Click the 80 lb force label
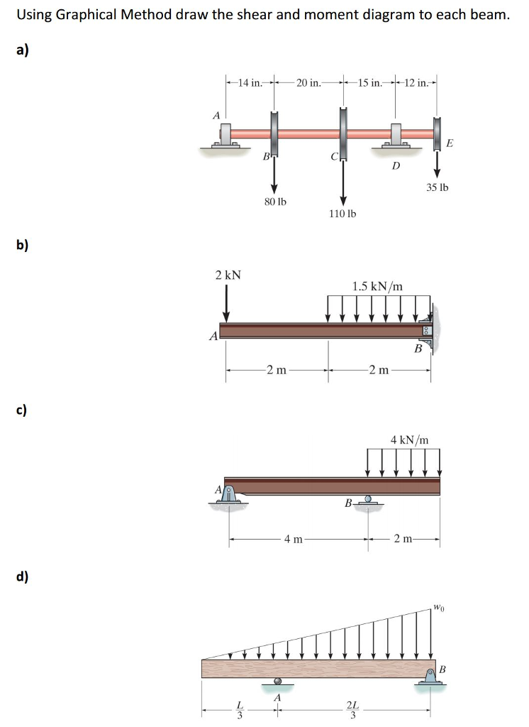[x=275, y=202]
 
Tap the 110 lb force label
[x=343, y=213]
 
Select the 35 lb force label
[x=438, y=188]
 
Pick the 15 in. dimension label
[x=369, y=83]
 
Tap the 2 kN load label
[x=228, y=275]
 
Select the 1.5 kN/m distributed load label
[x=377, y=286]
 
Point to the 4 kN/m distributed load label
[x=409, y=440]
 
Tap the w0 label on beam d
[x=440, y=607]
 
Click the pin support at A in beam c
[x=228, y=494]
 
